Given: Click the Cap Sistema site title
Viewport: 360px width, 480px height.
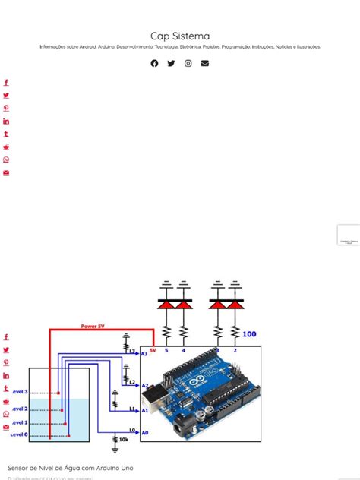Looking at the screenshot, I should tap(180, 36).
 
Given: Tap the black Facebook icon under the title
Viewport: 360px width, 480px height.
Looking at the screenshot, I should tap(155, 63).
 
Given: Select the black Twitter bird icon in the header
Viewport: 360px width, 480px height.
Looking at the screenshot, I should tap(171, 63).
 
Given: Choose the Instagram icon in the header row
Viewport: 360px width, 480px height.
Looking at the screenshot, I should tap(188, 63).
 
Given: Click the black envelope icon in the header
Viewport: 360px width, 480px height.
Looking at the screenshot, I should tap(205, 63).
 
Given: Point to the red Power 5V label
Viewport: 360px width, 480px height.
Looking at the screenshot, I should tap(93, 326).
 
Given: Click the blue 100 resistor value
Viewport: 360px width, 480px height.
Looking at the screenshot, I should tap(249, 333).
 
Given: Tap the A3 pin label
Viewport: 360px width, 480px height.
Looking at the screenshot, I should tap(144, 353).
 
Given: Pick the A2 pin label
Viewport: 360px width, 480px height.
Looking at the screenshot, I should tap(144, 385).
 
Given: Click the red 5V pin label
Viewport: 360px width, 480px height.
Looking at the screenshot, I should tap(153, 350).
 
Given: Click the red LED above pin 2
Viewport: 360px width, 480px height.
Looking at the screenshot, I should tap(235, 304).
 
